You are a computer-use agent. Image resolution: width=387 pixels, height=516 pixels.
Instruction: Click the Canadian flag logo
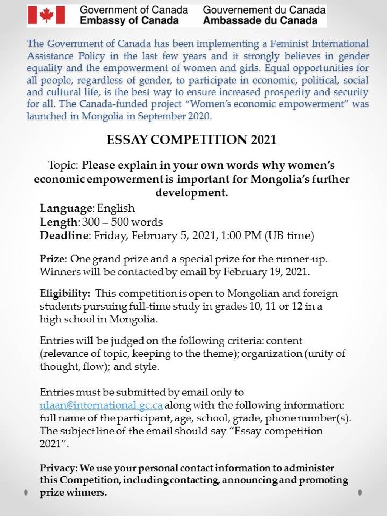(x=46, y=15)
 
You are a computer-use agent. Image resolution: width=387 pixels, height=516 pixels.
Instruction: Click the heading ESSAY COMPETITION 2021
(x=191, y=140)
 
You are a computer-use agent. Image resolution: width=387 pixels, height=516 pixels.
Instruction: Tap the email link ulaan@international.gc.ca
(x=101, y=405)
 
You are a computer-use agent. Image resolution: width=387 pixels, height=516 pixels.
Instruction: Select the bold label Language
(x=66, y=208)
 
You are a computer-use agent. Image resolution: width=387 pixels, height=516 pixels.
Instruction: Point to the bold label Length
(x=59, y=222)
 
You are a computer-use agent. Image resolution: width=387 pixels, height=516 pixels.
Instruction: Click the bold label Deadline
(x=64, y=236)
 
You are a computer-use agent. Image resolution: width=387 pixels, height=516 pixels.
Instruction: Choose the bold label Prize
(x=52, y=259)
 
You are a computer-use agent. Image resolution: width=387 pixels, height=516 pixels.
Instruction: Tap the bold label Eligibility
(x=65, y=293)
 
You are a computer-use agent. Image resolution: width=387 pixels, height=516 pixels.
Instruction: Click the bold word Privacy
(x=58, y=468)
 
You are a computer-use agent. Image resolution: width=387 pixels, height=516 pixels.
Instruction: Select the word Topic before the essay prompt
(x=63, y=165)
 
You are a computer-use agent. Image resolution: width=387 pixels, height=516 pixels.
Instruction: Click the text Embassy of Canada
(x=129, y=21)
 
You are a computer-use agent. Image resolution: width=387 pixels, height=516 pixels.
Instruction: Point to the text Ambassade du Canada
(x=260, y=21)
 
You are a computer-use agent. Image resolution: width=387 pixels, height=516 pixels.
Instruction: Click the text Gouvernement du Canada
(x=264, y=10)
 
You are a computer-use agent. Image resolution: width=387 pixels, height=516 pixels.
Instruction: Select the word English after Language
(x=116, y=208)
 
